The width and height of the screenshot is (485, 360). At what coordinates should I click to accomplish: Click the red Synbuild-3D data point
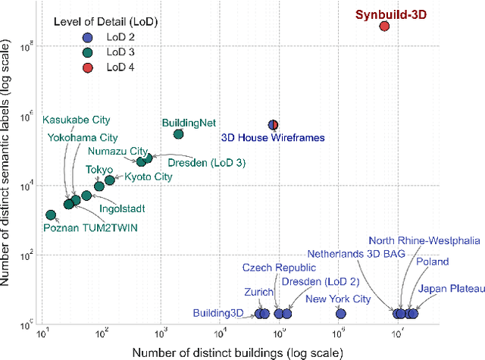pyautogui.click(x=384, y=26)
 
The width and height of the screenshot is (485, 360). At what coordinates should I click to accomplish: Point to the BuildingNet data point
pyautogui.click(x=179, y=134)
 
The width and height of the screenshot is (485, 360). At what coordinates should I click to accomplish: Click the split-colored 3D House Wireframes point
pyautogui.click(x=274, y=125)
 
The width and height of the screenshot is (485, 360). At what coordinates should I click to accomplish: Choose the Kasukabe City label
pyautogui.click(x=76, y=119)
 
